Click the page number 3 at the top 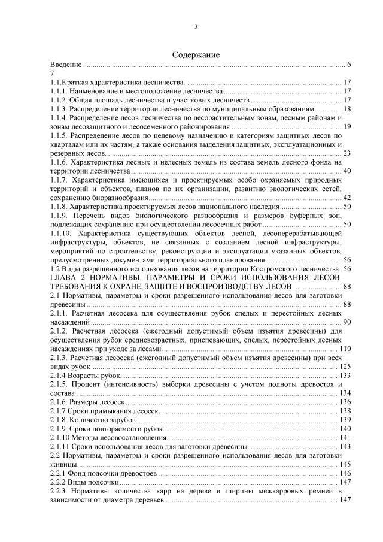point(196,26)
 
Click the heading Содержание point(196,54)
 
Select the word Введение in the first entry point(66,64)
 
